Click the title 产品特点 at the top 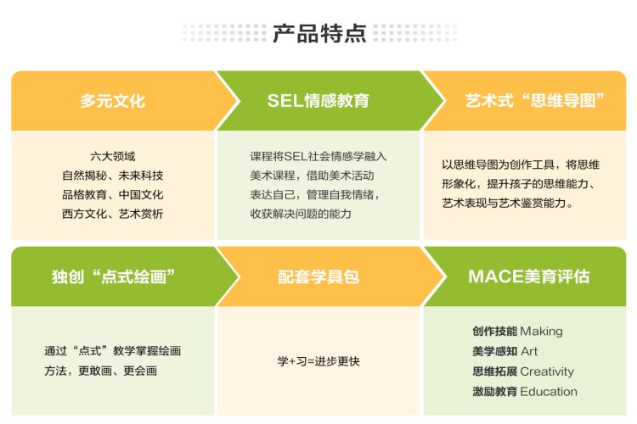click(x=318, y=34)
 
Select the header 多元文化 click(x=112, y=101)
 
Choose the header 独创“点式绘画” click(x=112, y=276)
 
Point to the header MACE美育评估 click(x=528, y=276)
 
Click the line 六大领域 click(x=112, y=156)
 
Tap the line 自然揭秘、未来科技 click(x=112, y=176)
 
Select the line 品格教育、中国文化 click(x=112, y=194)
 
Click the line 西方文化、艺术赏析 click(x=112, y=214)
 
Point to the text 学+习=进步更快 click(x=318, y=361)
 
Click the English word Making click(x=541, y=332)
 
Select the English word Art click(x=529, y=351)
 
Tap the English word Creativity click(x=547, y=371)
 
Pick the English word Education click(x=549, y=392)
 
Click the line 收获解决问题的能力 click(x=301, y=214)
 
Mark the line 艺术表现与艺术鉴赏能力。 click(x=509, y=204)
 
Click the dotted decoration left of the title click(x=223, y=34)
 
